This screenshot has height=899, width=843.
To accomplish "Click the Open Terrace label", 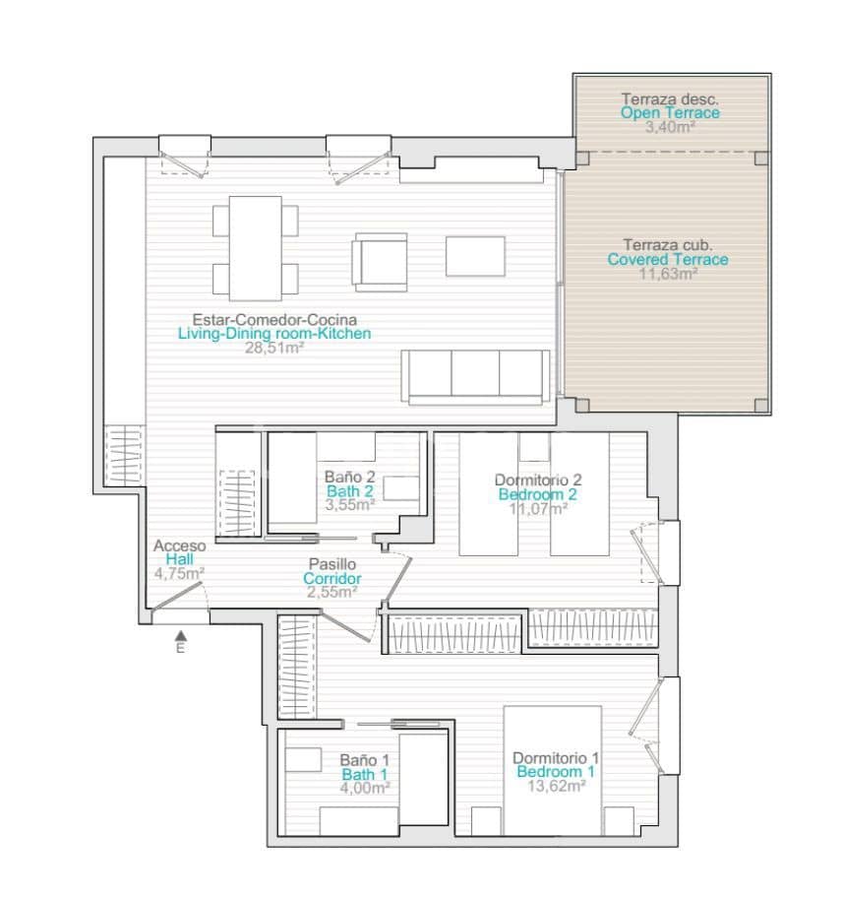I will (x=669, y=113).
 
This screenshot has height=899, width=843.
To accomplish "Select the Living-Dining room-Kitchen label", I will (x=274, y=334).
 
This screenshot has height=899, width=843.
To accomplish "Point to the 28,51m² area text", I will (x=274, y=348).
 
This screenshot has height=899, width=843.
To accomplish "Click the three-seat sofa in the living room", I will (x=476, y=377).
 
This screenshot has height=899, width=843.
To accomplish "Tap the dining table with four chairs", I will (x=256, y=248).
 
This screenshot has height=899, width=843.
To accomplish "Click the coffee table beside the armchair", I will (x=475, y=256).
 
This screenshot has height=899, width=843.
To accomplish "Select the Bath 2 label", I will (x=349, y=490).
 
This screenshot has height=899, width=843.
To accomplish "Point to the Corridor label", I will (x=331, y=579).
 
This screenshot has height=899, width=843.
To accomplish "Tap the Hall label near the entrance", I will (x=179, y=559).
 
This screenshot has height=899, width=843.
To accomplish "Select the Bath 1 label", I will (x=364, y=775).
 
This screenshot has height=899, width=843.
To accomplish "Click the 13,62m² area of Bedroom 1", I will (x=555, y=787).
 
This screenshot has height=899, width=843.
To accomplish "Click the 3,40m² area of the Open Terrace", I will (x=669, y=127).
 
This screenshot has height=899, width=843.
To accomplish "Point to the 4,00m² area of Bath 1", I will (x=364, y=789).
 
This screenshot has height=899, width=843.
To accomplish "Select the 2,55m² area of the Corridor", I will (x=331, y=593).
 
